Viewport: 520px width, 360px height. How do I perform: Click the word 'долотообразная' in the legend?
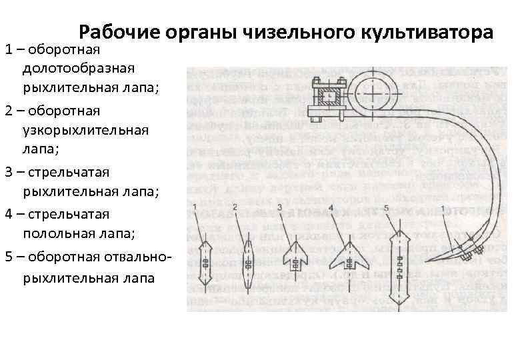coord(79,69)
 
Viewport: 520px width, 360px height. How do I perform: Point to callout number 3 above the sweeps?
coord(281,207)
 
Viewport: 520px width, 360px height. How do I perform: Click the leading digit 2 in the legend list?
coord(9,110)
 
